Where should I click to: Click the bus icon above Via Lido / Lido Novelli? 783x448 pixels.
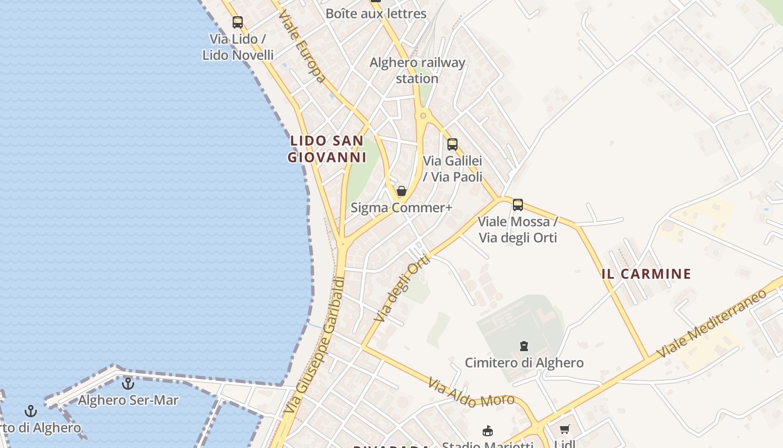[x=238, y=22]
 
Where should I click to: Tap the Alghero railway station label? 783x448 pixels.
[x=417, y=71]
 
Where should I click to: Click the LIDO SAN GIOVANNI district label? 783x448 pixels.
[x=327, y=149]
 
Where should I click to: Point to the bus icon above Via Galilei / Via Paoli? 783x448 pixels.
[x=452, y=144]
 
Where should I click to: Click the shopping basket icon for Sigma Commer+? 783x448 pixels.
[x=401, y=191]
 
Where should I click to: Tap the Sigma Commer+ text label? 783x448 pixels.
[x=401, y=208]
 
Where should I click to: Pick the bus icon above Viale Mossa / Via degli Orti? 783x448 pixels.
[x=518, y=205]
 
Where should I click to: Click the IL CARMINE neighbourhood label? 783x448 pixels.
[x=646, y=274]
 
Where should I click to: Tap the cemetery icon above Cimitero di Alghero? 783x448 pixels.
[x=524, y=346]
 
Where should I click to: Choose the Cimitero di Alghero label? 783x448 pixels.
[x=524, y=363]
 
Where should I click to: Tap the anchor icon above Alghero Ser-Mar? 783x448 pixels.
[x=128, y=384]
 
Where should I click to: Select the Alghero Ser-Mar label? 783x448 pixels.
[x=128, y=400]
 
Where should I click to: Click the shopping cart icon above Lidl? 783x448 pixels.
[x=564, y=430]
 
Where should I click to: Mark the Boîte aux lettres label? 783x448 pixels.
[x=376, y=13]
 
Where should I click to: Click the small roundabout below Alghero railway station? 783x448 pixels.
[x=423, y=116]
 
